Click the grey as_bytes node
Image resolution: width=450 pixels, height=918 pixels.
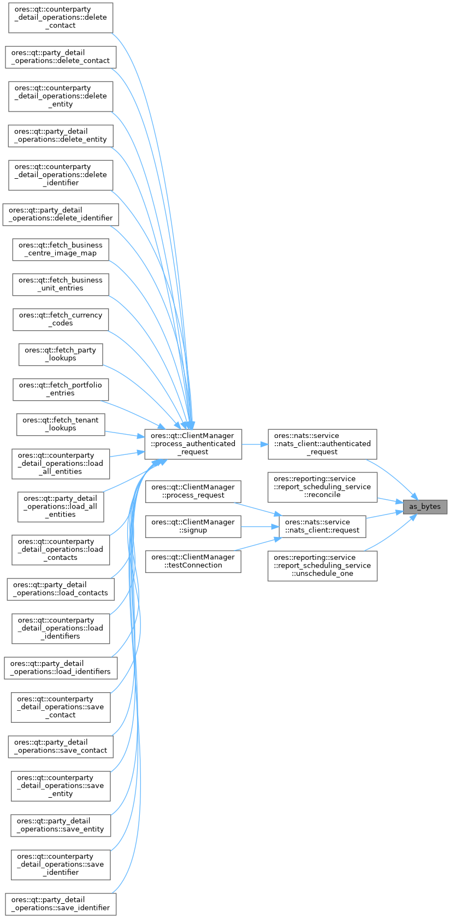425,506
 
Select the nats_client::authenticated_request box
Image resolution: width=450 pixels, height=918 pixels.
322,443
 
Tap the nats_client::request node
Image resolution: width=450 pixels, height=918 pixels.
322,526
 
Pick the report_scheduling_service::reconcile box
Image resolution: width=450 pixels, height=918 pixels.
322,487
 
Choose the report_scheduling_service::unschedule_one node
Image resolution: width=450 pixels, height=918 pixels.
322,565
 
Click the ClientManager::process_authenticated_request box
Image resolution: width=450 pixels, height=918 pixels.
193,443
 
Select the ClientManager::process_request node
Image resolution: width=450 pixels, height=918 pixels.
193,491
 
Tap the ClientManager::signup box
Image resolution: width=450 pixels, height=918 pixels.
193,526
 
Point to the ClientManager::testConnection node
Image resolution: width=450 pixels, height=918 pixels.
193,561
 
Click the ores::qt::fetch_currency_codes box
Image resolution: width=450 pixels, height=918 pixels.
61,319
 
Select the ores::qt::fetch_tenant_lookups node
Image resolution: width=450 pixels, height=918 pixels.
61,424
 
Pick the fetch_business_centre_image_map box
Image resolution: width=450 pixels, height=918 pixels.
61,249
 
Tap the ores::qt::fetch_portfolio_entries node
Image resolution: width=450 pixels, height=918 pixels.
61,389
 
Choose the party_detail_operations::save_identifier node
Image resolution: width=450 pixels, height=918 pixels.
61,904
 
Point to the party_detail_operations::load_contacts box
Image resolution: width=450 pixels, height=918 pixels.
61,589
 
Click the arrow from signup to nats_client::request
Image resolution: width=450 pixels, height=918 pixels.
260,526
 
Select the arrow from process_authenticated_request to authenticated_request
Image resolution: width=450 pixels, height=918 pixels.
254,444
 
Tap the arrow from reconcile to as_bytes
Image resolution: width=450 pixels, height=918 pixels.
390,500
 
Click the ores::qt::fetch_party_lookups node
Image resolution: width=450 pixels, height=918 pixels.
61,354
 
